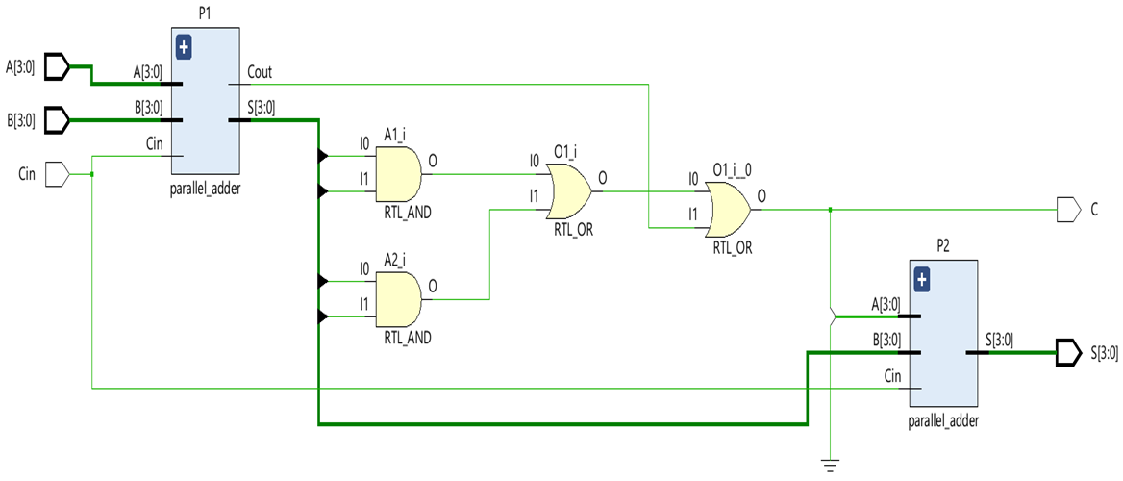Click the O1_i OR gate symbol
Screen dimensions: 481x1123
coord(568,190)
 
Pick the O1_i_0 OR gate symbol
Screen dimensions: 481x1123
coord(728,210)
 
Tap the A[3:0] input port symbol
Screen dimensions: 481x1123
coord(58,66)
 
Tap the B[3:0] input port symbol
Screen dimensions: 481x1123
coord(58,121)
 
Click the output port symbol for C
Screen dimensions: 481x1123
coord(1068,209)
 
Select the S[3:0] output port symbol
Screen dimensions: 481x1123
coord(1068,352)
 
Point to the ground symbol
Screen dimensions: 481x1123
coord(829,467)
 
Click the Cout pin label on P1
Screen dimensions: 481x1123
coord(260,72)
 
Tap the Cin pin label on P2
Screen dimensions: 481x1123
coord(892,377)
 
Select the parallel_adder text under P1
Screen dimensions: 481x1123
coord(204,189)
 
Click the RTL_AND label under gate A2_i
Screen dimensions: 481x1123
coord(407,338)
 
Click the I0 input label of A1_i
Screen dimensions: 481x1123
coord(364,144)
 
